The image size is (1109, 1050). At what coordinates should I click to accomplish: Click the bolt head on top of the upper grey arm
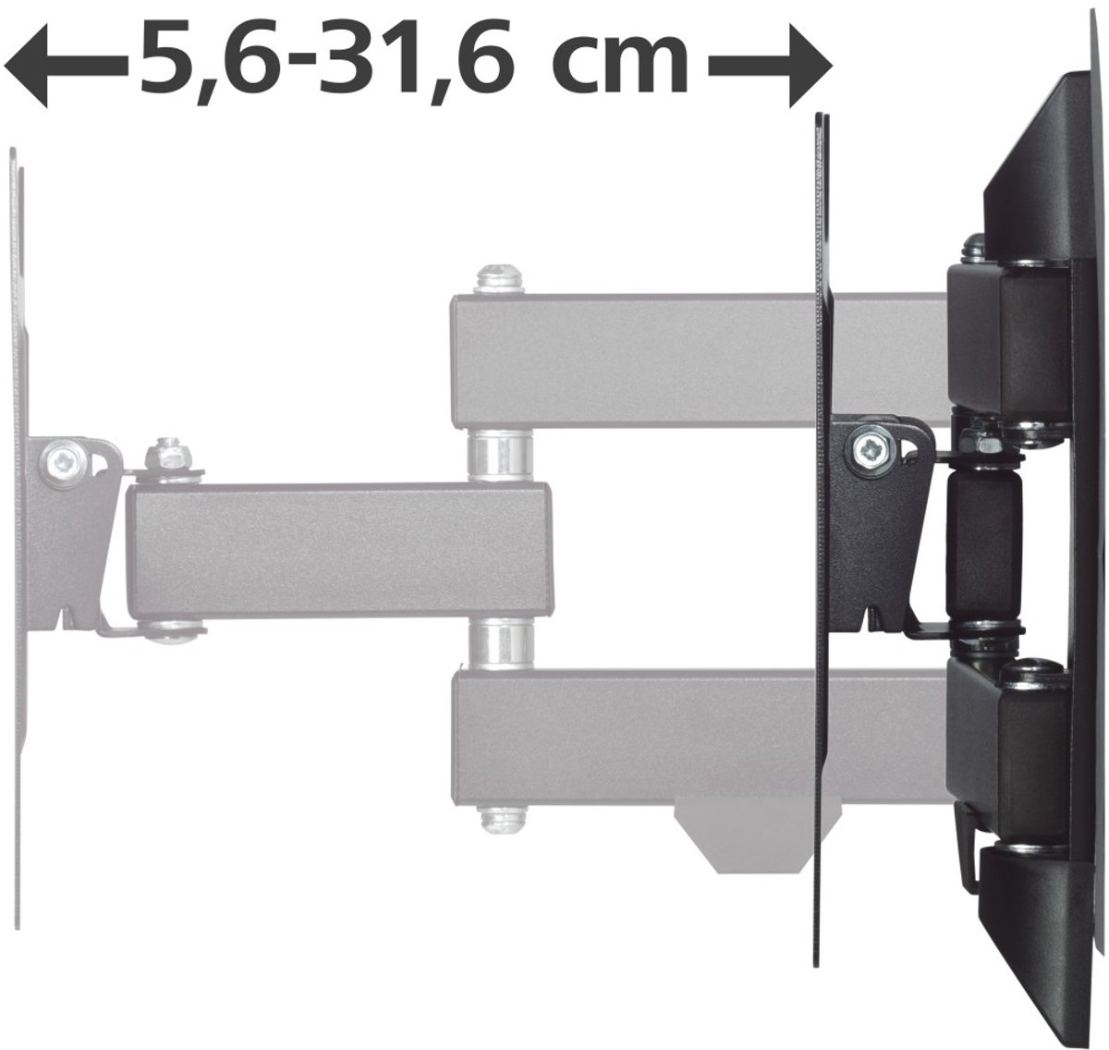click(499, 280)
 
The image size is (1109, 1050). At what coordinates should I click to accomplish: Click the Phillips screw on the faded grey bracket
click(61, 464)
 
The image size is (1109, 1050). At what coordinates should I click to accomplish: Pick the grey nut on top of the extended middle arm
click(167, 457)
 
